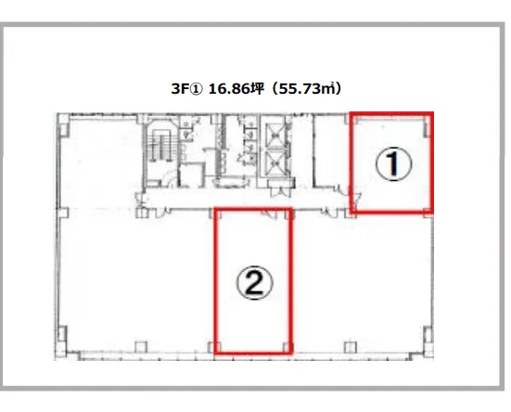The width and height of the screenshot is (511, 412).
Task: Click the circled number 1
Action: coord(393,164)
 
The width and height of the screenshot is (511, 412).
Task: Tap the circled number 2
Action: coord(254,283)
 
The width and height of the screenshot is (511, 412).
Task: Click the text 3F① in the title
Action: coord(187,89)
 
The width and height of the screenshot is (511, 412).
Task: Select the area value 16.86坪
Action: coord(236,89)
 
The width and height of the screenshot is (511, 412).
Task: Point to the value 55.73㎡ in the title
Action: coord(307,89)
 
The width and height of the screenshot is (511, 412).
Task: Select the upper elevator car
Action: coord(275,135)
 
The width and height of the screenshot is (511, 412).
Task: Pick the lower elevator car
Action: coord(275,162)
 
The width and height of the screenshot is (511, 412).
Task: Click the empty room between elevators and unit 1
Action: coord(330,151)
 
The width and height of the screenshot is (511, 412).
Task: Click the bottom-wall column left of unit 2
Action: coord(141,347)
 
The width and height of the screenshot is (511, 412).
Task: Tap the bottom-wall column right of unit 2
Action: coord(350,347)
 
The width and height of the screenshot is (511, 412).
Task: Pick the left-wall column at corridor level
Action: coord(62,212)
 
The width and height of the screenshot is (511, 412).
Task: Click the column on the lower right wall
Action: coord(428,334)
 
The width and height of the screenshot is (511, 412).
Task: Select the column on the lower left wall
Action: coord(62,333)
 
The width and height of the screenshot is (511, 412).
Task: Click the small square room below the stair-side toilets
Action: coord(192,175)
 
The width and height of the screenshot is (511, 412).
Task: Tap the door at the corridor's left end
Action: coord(140,200)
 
